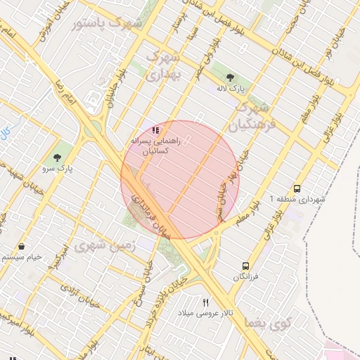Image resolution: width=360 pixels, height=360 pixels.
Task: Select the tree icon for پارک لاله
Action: [x=229, y=77]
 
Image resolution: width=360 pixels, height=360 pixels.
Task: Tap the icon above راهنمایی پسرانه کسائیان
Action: [x=156, y=129]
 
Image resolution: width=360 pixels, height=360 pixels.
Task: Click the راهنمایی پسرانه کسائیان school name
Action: [x=155, y=146]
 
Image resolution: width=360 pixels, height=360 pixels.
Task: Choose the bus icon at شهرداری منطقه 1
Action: [x=297, y=188]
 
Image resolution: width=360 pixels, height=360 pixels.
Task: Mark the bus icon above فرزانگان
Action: [x=245, y=266]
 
